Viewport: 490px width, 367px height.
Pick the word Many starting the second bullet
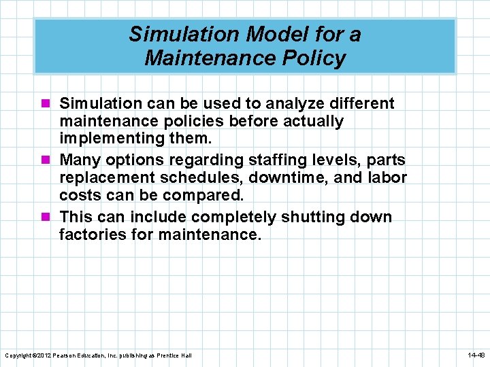[79, 160]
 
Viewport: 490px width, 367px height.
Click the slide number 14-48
[476, 355]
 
